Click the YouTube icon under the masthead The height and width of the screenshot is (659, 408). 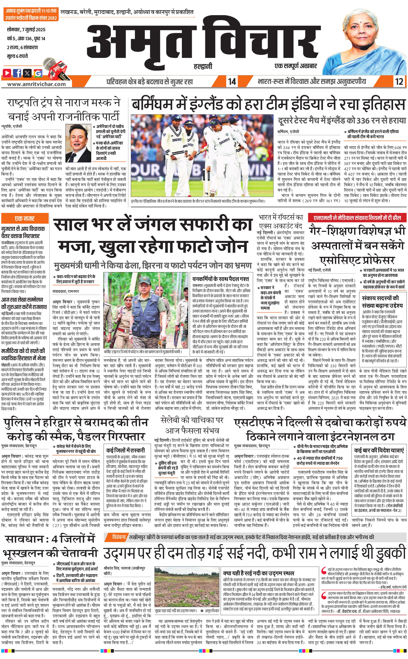(x=7, y=73)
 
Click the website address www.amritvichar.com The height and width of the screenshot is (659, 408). (x=36, y=84)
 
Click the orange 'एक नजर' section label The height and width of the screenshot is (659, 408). (x=25, y=218)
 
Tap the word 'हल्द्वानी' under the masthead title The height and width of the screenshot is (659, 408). (x=203, y=66)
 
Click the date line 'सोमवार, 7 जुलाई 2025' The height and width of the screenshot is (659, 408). (x=26, y=29)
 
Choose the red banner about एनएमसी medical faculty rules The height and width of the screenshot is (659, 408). (x=357, y=218)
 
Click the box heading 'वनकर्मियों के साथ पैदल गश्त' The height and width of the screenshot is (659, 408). (x=220, y=279)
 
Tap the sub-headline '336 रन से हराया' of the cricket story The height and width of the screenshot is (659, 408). (x=342, y=121)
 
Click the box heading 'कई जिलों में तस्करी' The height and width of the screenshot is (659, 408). (x=126, y=450)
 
